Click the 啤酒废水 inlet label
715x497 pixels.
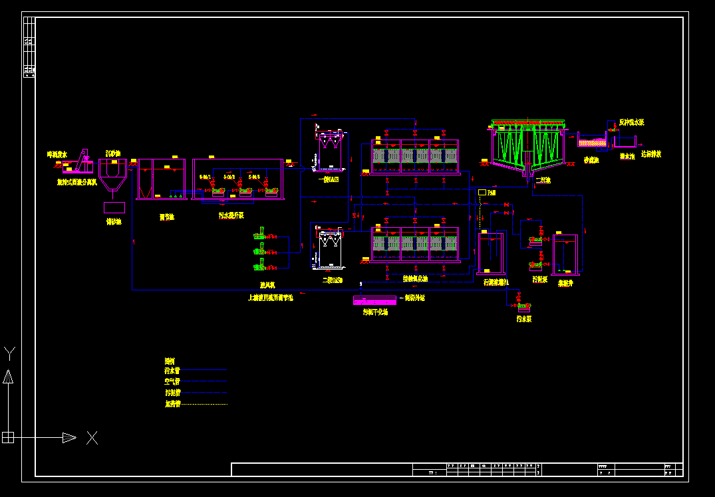(x=57, y=154)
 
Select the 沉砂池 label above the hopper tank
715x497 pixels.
(x=112, y=153)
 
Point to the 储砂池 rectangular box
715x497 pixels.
(x=114, y=207)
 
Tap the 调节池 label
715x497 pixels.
(x=166, y=217)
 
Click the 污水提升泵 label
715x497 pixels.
(x=231, y=215)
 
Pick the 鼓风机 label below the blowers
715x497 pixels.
(x=267, y=285)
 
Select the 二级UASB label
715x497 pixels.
(x=332, y=280)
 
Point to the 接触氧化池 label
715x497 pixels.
(x=415, y=278)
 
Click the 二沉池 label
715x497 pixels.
(x=543, y=180)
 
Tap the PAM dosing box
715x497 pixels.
(x=482, y=192)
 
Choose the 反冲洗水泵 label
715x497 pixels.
(x=631, y=122)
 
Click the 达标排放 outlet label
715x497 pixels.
(x=650, y=154)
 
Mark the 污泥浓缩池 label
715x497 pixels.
(x=496, y=282)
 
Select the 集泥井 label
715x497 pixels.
(x=565, y=283)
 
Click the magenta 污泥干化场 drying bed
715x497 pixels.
(x=374, y=300)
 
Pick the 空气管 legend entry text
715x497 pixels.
(x=172, y=381)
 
